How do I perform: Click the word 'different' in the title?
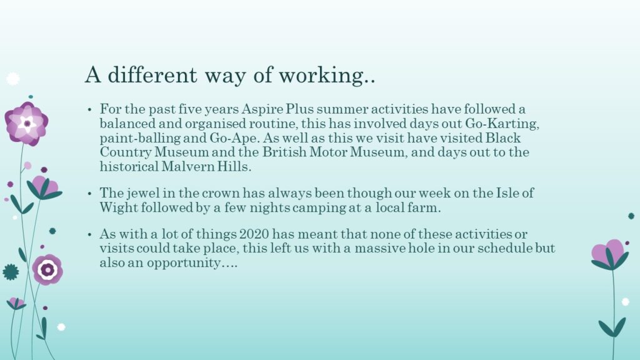[x=152, y=74]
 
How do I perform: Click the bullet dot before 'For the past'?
[x=90, y=110]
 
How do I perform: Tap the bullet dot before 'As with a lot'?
[x=90, y=235]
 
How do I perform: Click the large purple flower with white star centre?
[x=26, y=123]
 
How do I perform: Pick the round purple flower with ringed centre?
[x=47, y=269]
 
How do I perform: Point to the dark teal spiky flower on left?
[x=11, y=272]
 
